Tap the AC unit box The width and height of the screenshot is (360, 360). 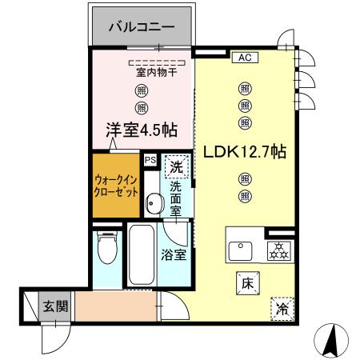243,58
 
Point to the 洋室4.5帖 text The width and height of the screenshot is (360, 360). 142,130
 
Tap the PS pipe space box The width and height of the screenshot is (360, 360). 150,159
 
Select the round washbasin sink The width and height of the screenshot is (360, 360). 155,204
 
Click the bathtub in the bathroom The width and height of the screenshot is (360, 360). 142,257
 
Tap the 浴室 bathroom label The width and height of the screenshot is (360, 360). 174,256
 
